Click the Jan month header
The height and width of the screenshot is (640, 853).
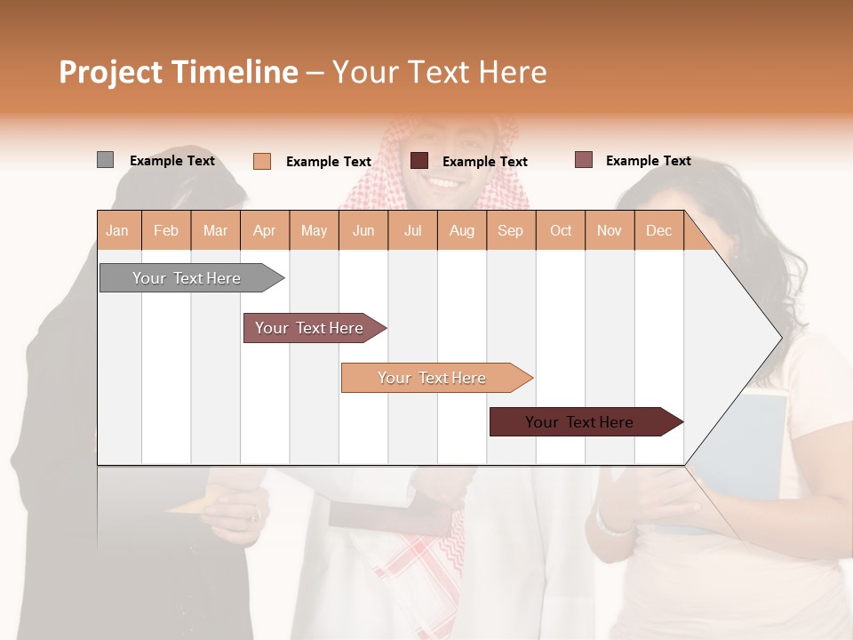[x=117, y=230]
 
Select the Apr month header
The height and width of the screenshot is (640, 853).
[x=264, y=230]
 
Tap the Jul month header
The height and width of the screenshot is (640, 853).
[x=412, y=230]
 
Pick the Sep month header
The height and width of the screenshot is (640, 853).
[x=510, y=230]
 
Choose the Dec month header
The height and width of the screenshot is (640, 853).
[x=658, y=230]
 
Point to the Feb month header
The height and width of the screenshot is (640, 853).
[x=166, y=230]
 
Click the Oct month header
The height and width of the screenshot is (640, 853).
[x=561, y=230]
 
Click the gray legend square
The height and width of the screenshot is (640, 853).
[x=105, y=160]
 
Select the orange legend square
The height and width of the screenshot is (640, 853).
[x=262, y=161]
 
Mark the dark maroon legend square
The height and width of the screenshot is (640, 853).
[x=419, y=160]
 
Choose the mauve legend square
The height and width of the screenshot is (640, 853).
[x=583, y=160]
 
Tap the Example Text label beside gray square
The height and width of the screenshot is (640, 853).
[x=172, y=161]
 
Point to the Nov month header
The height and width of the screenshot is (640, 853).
[x=610, y=230]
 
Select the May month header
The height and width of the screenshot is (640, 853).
[x=314, y=230]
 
